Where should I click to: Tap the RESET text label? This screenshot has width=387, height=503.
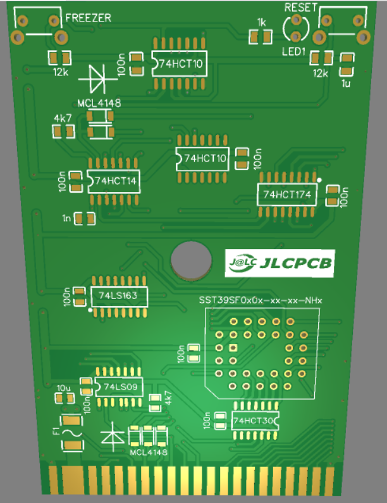click(298, 8)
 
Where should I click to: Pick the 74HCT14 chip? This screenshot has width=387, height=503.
click(113, 181)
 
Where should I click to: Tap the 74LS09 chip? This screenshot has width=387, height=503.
click(118, 386)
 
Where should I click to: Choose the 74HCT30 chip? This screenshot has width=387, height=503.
click(255, 420)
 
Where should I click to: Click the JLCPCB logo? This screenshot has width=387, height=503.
click(279, 263)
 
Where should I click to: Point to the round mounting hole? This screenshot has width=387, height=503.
click(190, 260)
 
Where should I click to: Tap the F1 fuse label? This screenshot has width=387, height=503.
click(56, 432)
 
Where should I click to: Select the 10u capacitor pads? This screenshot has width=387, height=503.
click(64, 398)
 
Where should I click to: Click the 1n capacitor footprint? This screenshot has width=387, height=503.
click(84, 219)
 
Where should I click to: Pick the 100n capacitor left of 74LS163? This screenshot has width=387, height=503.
click(79, 296)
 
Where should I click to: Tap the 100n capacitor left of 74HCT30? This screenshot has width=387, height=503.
click(221, 420)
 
